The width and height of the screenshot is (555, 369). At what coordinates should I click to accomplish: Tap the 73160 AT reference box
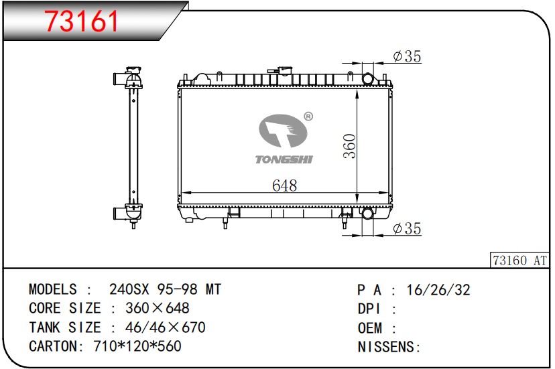(x=519, y=261)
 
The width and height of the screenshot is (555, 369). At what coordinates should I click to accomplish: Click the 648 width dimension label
(x=285, y=186)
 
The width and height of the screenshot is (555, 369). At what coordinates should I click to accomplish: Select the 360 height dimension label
(x=350, y=146)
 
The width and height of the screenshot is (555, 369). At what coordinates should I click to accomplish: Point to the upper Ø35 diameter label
(x=407, y=56)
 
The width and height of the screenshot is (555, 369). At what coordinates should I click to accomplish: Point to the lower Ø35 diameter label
(x=407, y=228)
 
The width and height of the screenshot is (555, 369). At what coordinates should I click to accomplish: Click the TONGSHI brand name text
(x=284, y=159)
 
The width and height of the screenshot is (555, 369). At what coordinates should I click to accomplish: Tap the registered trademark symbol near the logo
(x=308, y=117)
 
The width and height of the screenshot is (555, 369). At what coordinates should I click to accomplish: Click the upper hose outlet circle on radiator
(x=368, y=78)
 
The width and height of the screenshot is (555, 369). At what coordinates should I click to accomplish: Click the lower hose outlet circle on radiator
(x=367, y=214)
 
